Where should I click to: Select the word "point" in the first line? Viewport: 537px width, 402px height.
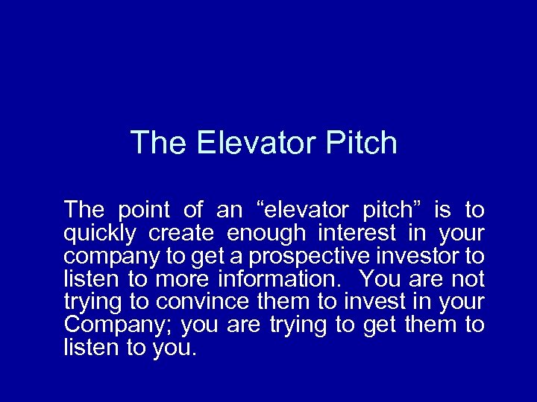click(145, 210)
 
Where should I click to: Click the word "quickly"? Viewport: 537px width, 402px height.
click(100, 234)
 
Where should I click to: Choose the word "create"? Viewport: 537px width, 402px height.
click(182, 234)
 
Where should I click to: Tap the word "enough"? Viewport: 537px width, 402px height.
click(266, 234)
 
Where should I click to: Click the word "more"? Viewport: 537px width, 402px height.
click(183, 279)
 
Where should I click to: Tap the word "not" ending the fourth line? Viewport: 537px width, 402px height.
click(468, 279)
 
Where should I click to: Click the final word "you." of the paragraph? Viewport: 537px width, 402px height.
click(175, 348)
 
